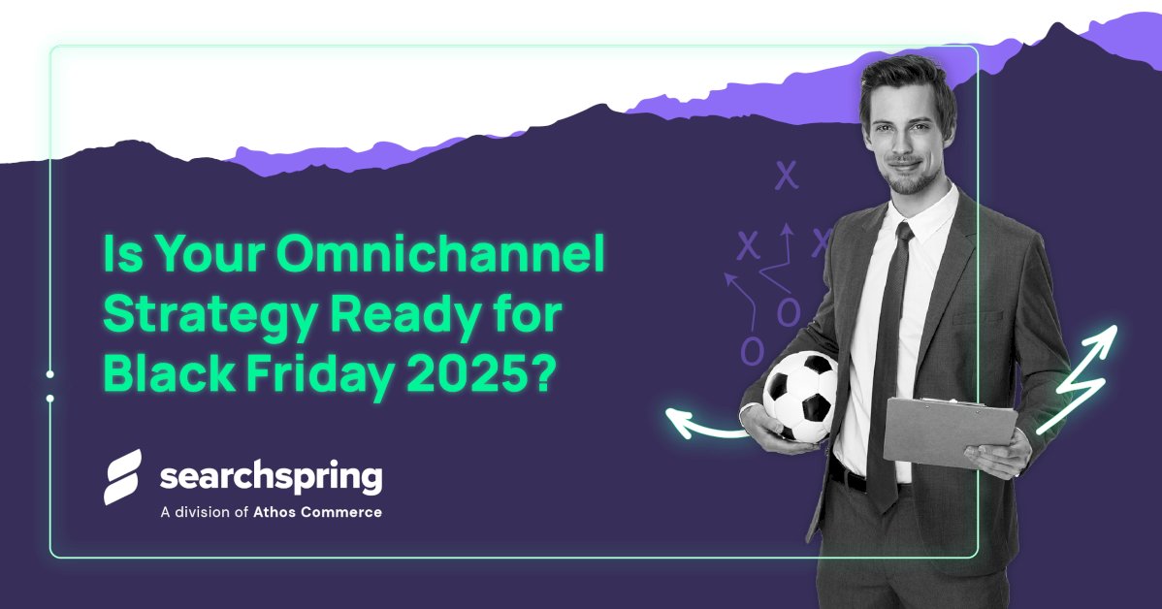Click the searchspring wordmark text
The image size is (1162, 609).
(x=271, y=478)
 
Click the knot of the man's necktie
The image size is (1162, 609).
(x=902, y=234)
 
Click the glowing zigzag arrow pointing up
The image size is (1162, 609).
(x=1080, y=378)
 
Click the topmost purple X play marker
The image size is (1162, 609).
(x=786, y=176)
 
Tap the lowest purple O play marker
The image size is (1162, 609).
(x=752, y=351)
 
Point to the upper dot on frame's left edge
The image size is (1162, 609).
(x=49, y=373)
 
